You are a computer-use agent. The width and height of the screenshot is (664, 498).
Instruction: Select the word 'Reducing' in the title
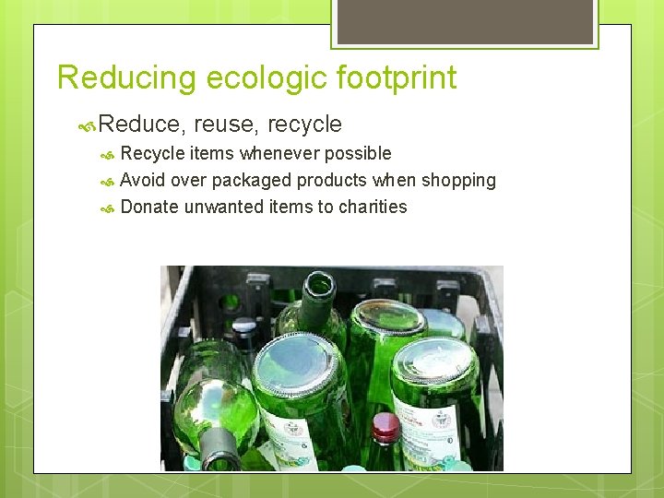pyautogui.click(x=126, y=78)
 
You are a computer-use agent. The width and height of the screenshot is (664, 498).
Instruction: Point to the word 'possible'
pyautogui.click(x=358, y=153)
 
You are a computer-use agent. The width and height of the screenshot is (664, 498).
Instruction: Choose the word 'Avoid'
pyautogui.click(x=143, y=180)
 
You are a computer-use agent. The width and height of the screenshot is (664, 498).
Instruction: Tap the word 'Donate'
pyautogui.click(x=149, y=207)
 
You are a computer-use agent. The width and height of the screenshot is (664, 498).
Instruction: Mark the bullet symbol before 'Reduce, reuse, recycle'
pyautogui.click(x=88, y=125)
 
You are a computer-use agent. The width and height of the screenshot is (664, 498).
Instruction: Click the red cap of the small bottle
pyautogui.click(x=385, y=426)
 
